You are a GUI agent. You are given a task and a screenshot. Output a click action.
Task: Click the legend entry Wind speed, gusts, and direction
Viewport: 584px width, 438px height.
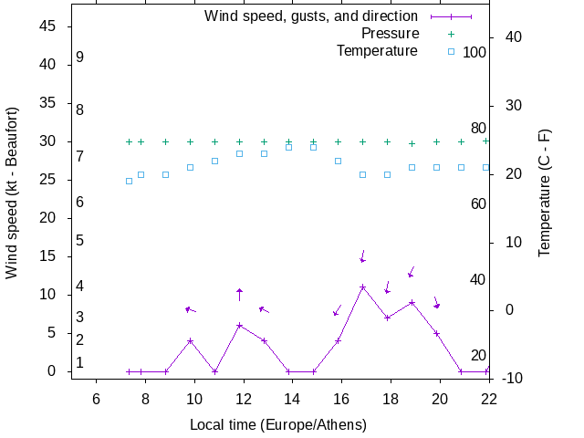pos(311,16)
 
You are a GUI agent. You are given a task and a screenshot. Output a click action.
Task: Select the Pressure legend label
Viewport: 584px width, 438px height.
pos(384,34)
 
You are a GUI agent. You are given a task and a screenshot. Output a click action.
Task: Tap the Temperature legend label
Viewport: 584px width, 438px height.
pos(377,51)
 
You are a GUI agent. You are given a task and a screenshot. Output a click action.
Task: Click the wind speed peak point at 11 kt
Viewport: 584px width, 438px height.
pos(363,287)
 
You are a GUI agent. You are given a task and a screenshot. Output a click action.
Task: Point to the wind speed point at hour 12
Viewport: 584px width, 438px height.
pos(239,326)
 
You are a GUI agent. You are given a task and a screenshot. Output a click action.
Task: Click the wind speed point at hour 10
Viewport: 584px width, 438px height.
pos(190,341)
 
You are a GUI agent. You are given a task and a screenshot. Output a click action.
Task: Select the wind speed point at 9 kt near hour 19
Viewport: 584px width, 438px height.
pos(412,303)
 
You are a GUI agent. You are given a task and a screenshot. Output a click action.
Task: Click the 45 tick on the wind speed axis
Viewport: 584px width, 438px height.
pos(50,26)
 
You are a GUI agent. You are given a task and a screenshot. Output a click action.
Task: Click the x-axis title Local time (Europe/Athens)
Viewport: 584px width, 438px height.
pos(278,425)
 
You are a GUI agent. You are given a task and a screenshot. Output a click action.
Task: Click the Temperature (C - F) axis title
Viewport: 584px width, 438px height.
pos(545,193)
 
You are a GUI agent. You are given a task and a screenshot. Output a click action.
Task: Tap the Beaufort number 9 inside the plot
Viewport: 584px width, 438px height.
pos(80,57)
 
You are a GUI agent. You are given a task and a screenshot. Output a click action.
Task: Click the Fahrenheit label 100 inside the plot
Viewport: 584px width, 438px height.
pos(474,52)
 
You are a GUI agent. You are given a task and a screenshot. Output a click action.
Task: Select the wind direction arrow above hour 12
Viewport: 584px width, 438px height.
pos(239,294)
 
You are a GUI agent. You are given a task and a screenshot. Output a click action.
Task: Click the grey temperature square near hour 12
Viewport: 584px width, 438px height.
pos(239,153)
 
